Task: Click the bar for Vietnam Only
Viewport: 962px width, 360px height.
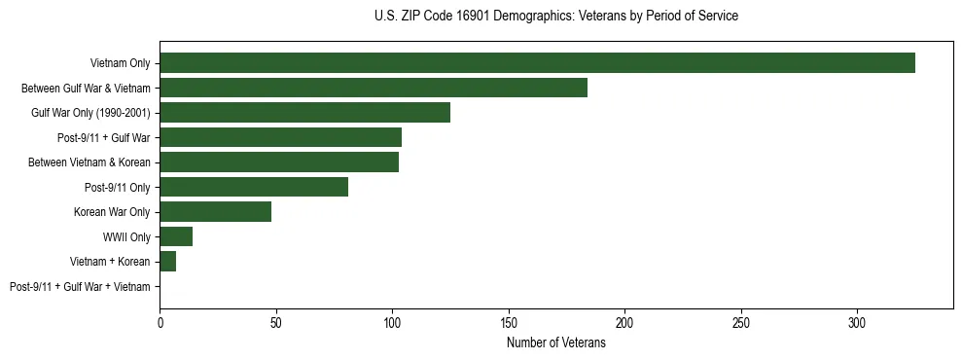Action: [x=537, y=63]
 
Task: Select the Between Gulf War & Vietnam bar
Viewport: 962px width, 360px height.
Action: [x=374, y=88]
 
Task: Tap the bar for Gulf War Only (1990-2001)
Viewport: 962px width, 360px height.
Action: [x=304, y=113]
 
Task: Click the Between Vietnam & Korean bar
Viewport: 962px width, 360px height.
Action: [x=279, y=162]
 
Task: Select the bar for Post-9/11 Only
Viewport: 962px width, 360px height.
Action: [x=254, y=187]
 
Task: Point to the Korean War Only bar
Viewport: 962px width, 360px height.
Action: [x=215, y=212]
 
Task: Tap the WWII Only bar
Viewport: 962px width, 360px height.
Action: [x=176, y=236]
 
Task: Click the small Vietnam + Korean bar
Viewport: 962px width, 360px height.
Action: [x=167, y=262]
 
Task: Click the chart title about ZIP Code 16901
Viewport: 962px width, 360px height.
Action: [x=555, y=17]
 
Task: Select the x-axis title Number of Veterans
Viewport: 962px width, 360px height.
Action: [x=555, y=343]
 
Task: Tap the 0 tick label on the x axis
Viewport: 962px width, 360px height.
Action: [x=160, y=322]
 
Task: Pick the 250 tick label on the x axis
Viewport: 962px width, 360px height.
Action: [x=741, y=322]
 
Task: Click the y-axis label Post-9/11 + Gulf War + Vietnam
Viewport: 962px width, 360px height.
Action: [x=80, y=287]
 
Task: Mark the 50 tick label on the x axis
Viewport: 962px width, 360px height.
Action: [x=276, y=322]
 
